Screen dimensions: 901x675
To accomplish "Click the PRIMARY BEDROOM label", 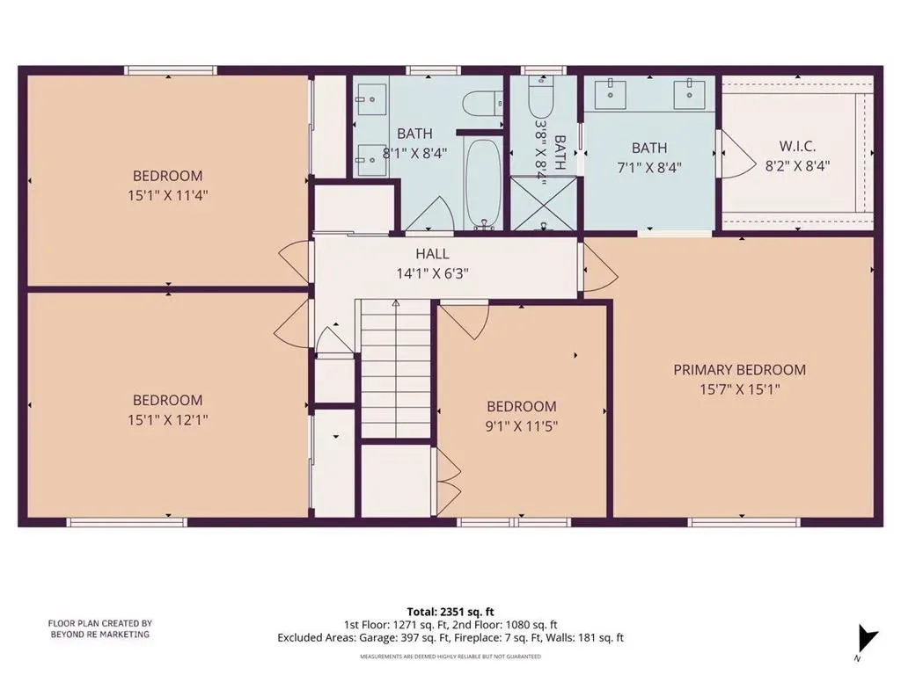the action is [x=739, y=370].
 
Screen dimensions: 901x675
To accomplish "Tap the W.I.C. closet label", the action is [x=797, y=147].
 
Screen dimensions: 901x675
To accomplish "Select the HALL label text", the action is [x=432, y=254].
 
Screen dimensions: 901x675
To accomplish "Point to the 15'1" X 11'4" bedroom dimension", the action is [x=167, y=195].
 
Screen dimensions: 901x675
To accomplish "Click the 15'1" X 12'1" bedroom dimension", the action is [x=167, y=419].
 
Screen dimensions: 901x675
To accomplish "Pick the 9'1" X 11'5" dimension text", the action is [x=521, y=426].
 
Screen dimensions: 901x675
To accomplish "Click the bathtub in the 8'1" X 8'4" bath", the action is [x=483, y=184].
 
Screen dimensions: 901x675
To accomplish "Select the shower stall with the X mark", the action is [x=543, y=204].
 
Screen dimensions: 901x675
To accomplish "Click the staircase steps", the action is [x=395, y=369].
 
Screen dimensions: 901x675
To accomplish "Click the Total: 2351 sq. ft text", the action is [x=450, y=612].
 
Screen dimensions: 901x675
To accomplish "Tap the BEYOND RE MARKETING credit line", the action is [x=100, y=635].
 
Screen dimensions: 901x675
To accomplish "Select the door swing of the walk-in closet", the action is [x=738, y=154].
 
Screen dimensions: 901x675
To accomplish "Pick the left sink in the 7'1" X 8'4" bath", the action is [x=610, y=93].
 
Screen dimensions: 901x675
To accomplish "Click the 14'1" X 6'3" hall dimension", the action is [x=432, y=273].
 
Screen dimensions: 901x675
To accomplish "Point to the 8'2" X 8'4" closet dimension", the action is [x=797, y=166].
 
